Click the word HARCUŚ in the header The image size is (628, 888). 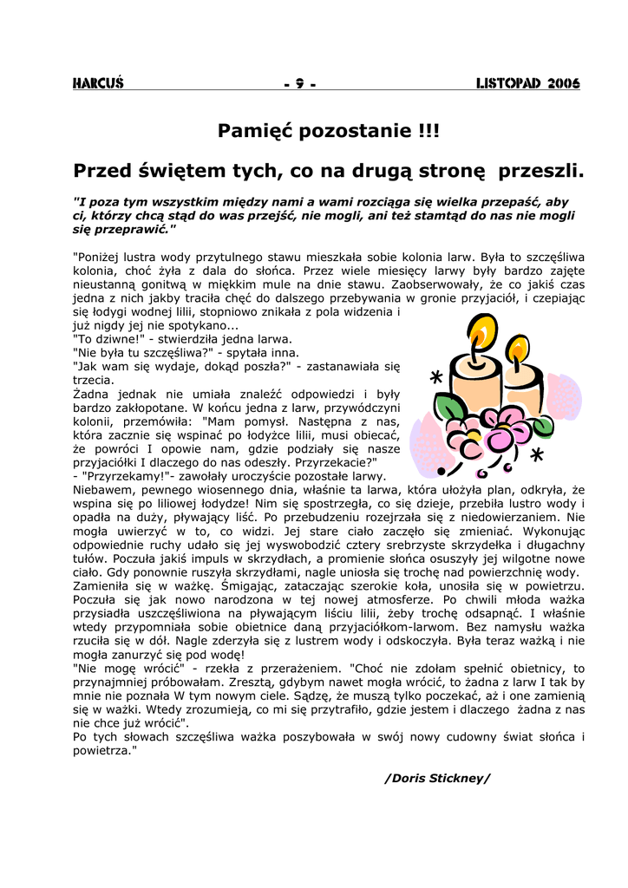tap(98, 84)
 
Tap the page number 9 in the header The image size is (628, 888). tap(300, 84)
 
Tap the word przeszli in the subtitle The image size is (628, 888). tap(543, 171)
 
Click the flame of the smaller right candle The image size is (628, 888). tap(519, 349)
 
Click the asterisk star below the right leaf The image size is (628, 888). tap(537, 454)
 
